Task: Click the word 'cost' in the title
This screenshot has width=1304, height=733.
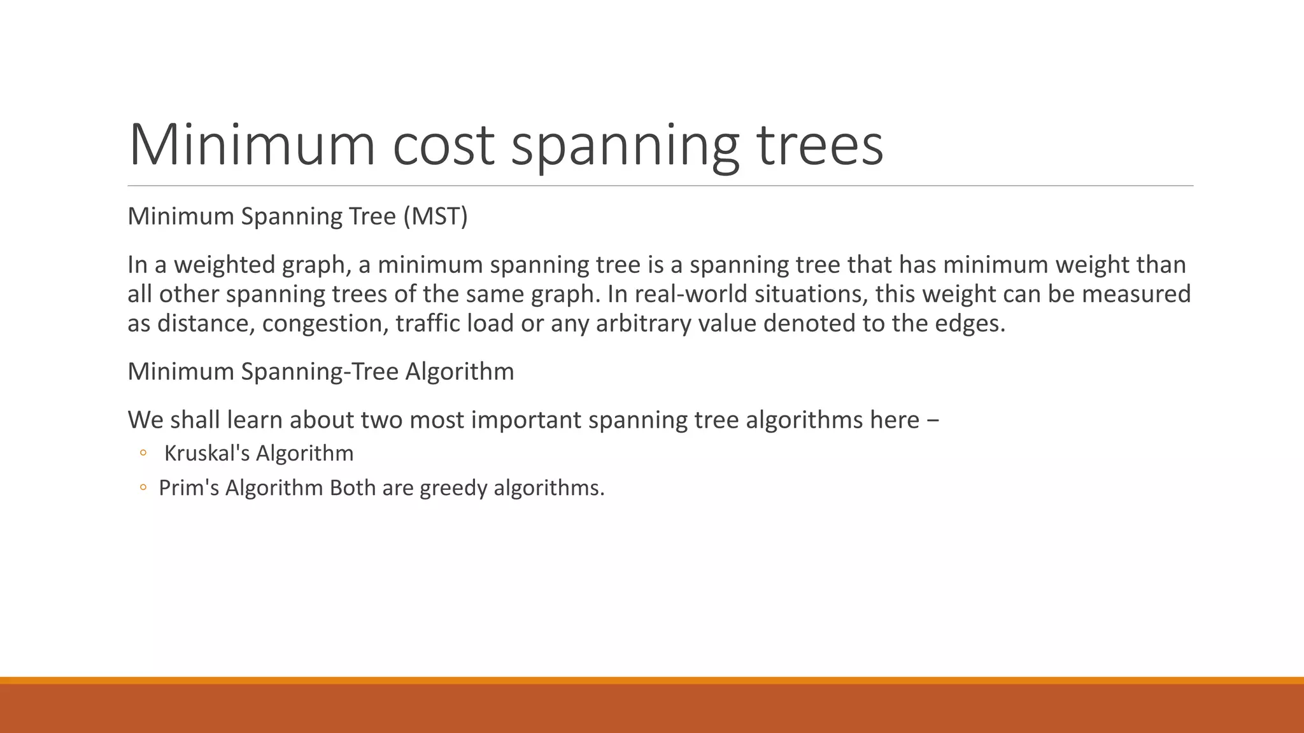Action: click(443, 145)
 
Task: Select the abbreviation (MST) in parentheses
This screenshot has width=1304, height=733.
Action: click(436, 216)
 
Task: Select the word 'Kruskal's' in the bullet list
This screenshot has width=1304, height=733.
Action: click(207, 453)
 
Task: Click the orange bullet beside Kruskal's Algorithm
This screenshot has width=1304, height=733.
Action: click(143, 453)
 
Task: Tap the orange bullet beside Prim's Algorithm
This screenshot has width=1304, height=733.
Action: click(143, 488)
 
